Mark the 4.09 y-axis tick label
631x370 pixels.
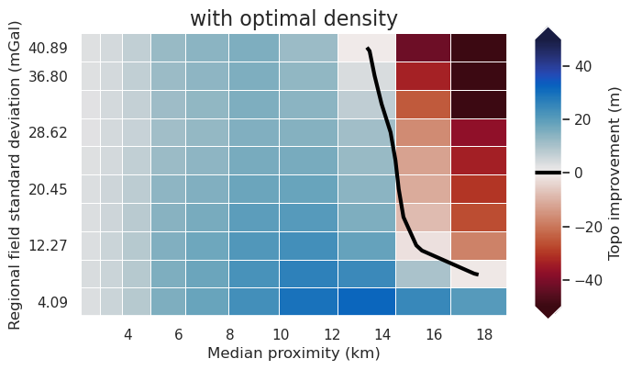pos(50,302)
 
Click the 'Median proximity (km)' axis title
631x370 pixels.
pos(293,353)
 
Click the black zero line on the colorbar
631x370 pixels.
pos(548,173)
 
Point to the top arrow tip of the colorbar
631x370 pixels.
pos(548,28)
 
